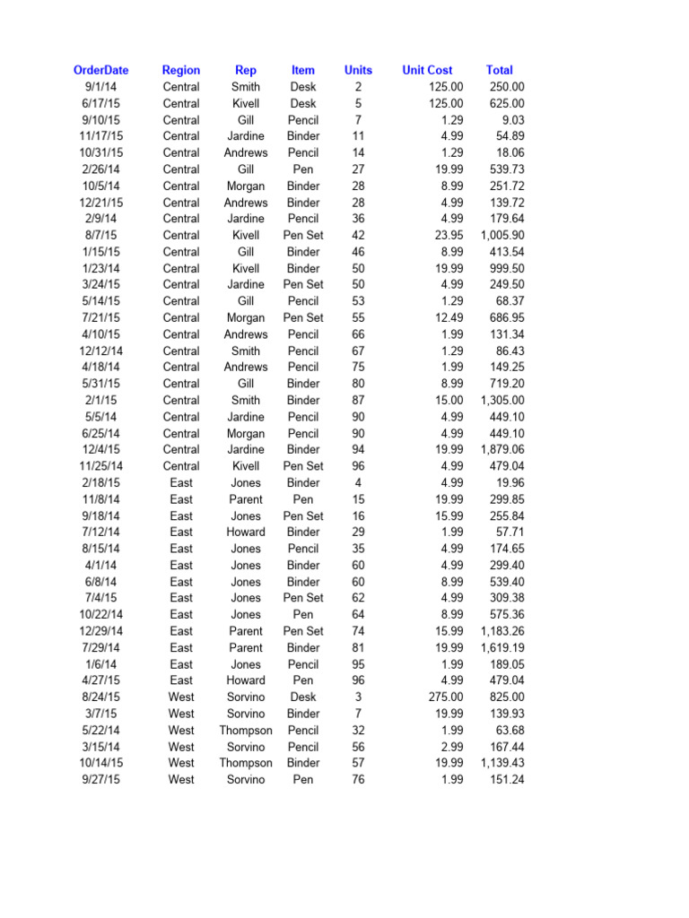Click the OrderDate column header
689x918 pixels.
point(100,70)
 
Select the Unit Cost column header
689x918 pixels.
point(427,70)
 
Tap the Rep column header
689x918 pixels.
point(245,70)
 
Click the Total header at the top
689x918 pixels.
point(499,70)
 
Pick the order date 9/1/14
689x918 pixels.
point(100,87)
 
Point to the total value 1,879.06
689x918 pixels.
point(502,450)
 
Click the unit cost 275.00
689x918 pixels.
point(446,697)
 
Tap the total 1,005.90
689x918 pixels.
point(502,235)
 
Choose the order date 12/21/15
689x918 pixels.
point(100,203)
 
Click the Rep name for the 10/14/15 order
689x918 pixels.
point(245,763)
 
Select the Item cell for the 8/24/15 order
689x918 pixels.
point(303,697)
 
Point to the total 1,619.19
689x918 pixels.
point(502,648)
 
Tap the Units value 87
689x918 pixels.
point(358,401)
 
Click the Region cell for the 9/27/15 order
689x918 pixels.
point(181,780)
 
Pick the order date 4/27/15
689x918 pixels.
point(100,680)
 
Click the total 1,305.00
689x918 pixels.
point(502,401)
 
